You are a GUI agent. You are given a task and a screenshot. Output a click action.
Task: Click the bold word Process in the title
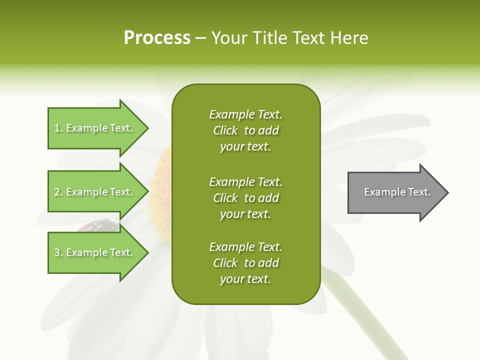(157, 38)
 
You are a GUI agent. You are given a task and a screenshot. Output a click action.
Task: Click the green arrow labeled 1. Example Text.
(95, 128)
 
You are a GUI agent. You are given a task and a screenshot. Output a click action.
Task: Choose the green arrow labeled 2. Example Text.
(95, 192)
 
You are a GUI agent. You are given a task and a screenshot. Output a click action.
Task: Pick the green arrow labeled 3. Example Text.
(95, 252)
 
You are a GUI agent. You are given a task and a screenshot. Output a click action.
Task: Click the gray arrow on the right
(395, 192)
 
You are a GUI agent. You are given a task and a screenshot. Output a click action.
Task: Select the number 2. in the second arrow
(58, 192)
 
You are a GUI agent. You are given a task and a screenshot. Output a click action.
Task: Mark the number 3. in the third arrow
(58, 252)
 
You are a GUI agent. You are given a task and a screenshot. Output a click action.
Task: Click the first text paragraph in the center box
(245, 130)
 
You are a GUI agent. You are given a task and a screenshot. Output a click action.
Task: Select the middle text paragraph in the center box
(245, 197)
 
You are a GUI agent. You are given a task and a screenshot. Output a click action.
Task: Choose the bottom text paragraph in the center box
(245, 263)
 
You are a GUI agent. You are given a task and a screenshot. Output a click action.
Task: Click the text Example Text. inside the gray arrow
(397, 192)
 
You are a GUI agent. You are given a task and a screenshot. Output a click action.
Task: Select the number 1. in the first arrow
(58, 128)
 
